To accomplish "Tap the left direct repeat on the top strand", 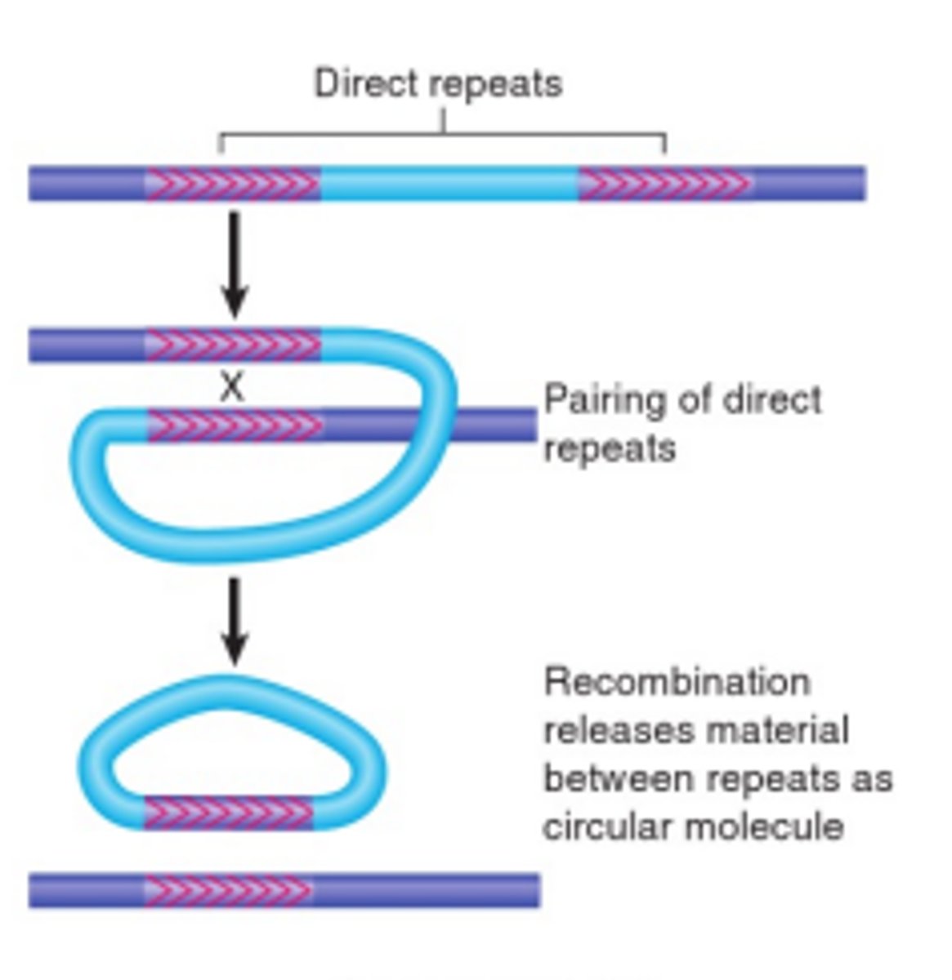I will coord(233,184).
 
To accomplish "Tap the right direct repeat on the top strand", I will coord(665,184).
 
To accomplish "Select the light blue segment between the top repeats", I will coord(449,184).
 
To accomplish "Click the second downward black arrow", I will coord(235,620).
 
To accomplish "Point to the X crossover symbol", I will coord(232,387).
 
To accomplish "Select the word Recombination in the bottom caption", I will coord(677,682).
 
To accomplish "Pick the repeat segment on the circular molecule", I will coord(229,813).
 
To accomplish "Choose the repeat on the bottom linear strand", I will coord(229,889).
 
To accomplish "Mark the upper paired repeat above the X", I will coord(234,345).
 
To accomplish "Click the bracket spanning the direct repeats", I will coord(443,136).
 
